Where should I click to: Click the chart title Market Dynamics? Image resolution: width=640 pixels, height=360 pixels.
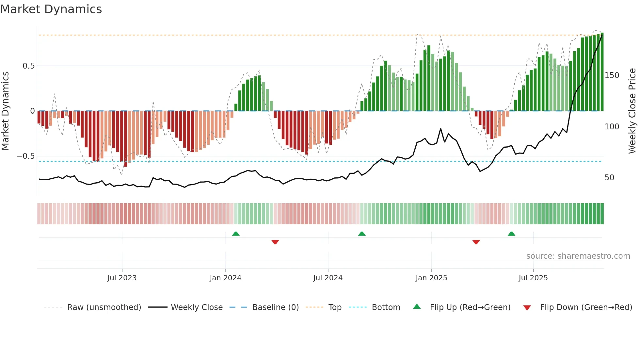[51, 9]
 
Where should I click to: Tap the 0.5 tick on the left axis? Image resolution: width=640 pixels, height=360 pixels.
[28, 66]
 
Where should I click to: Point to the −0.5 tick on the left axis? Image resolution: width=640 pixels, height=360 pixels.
[26, 156]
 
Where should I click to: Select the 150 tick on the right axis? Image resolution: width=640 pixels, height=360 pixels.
[612, 75]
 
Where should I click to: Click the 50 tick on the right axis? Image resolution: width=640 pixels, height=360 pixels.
[609, 178]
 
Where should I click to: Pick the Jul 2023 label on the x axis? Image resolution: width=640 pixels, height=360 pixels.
[122, 278]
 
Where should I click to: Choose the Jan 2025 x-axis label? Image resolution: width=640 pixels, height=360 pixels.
[431, 278]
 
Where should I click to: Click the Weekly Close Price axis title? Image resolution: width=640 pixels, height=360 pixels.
[632, 111]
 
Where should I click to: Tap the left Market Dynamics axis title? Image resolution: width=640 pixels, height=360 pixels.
[5, 111]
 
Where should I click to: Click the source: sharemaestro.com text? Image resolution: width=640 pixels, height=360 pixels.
[578, 256]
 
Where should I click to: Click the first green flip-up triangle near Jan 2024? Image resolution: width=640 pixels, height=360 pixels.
[236, 234]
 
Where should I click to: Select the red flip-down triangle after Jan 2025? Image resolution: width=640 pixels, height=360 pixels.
[476, 242]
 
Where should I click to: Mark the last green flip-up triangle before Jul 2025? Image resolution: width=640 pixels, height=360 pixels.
[511, 234]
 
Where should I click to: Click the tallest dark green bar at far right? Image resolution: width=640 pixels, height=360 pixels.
[602, 72]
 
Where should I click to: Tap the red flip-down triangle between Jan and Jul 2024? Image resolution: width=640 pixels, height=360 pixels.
[275, 242]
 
